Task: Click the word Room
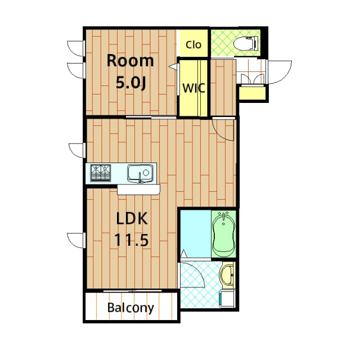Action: coord(130,60)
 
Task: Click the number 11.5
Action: coord(132,240)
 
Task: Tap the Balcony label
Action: coord(130,308)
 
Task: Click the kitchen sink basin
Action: coord(139,172)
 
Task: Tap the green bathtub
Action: coord(224,233)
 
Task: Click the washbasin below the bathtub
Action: coord(228,276)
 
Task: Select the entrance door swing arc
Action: coord(282,71)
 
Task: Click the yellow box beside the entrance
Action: coord(253,93)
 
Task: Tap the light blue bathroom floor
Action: coord(195,231)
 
